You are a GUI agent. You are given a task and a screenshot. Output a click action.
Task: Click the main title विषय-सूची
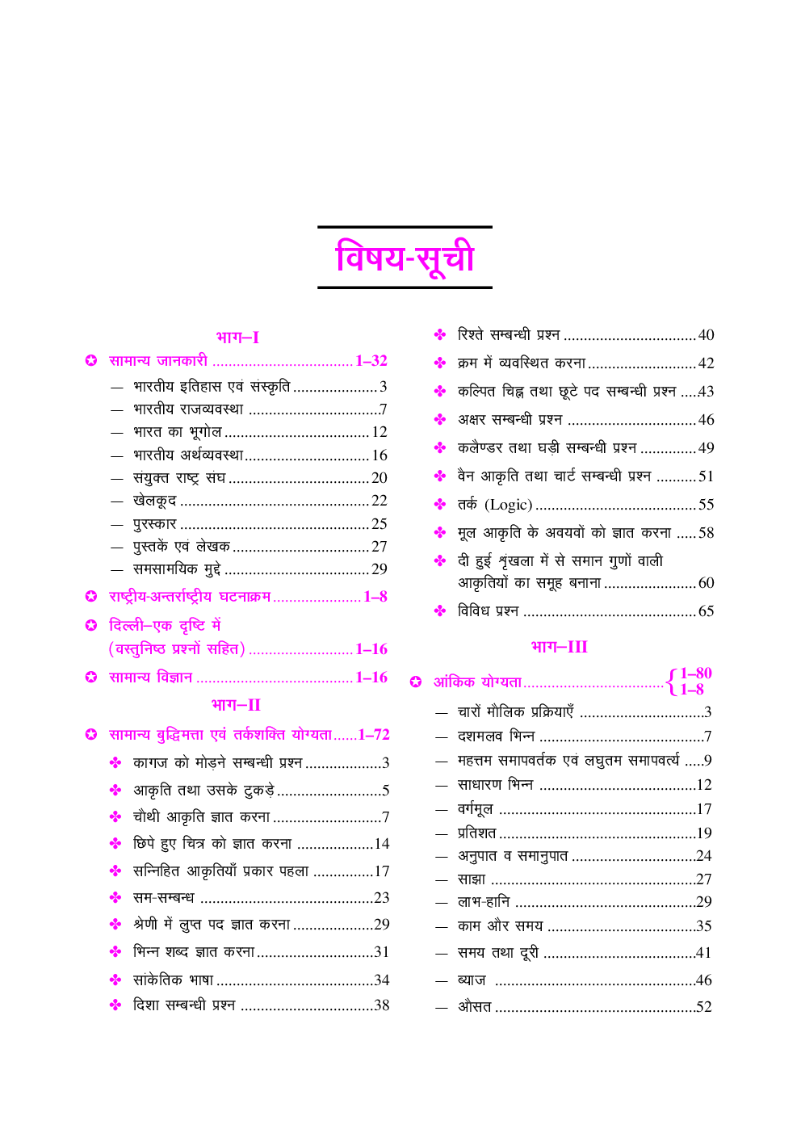coord(405,258)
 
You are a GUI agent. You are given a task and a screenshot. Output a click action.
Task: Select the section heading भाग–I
coord(237,337)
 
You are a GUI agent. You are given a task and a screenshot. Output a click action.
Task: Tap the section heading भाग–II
coord(236,704)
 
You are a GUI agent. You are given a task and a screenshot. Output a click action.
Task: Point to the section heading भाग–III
coord(559,646)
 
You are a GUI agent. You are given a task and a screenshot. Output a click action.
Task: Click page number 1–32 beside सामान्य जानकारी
coord(371,361)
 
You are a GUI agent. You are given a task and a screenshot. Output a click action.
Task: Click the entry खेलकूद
coord(154,501)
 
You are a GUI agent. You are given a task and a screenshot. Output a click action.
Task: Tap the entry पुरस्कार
coord(154,523)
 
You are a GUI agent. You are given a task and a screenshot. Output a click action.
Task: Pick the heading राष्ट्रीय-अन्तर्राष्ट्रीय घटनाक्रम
coord(190,597)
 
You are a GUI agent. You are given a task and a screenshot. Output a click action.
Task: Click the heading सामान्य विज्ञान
coord(151,677)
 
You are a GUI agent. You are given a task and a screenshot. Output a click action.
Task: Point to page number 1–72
coord(374,734)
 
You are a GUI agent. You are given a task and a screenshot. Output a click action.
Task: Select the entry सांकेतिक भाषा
coord(173,980)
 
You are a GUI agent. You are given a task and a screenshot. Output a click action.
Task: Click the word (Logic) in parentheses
coord(508,505)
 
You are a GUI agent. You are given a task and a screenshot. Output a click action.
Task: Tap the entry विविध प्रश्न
coord(488,611)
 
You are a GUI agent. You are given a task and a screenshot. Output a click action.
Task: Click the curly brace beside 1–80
coord(671,682)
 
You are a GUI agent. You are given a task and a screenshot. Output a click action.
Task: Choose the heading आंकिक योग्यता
coord(477,682)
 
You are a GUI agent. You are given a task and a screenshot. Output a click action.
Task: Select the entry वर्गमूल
coord(475,808)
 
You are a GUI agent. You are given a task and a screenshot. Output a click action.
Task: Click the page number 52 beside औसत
coord(703,1006)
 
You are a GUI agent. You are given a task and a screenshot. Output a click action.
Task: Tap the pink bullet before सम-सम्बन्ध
coord(115,897)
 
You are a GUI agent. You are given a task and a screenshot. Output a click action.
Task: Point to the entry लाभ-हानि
coord(484,901)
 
